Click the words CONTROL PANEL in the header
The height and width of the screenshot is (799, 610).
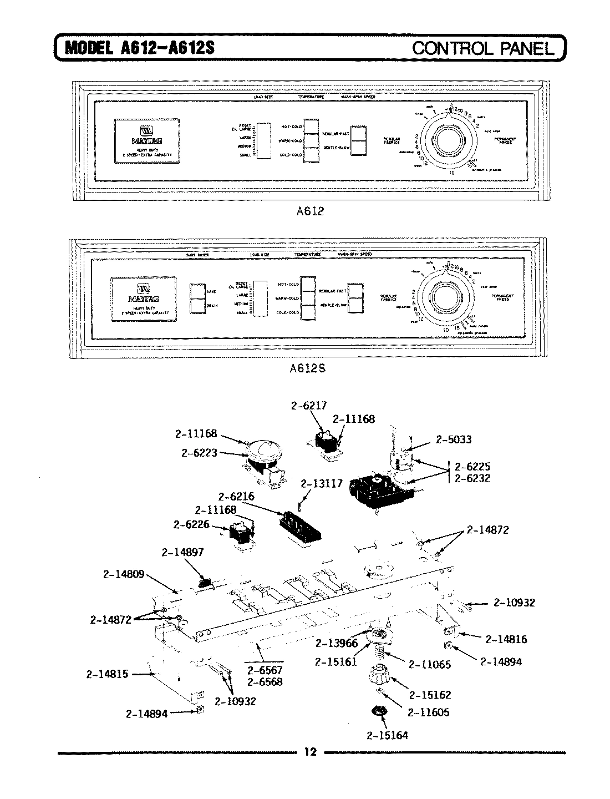click(483, 48)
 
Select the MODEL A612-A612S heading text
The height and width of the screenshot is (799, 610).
click(140, 48)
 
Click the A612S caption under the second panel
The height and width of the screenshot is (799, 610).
click(309, 367)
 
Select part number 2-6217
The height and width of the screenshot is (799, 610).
click(309, 406)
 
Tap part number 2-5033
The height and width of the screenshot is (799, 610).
click(453, 439)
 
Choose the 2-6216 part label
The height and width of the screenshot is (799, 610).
click(236, 496)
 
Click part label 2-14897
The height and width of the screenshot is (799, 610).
click(183, 552)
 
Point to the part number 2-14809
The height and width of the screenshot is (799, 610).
click(124, 574)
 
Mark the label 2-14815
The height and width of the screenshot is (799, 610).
click(108, 674)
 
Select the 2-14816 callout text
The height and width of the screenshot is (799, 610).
click(506, 639)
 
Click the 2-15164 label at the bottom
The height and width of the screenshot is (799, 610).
click(387, 735)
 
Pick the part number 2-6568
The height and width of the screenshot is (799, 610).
click(265, 682)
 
